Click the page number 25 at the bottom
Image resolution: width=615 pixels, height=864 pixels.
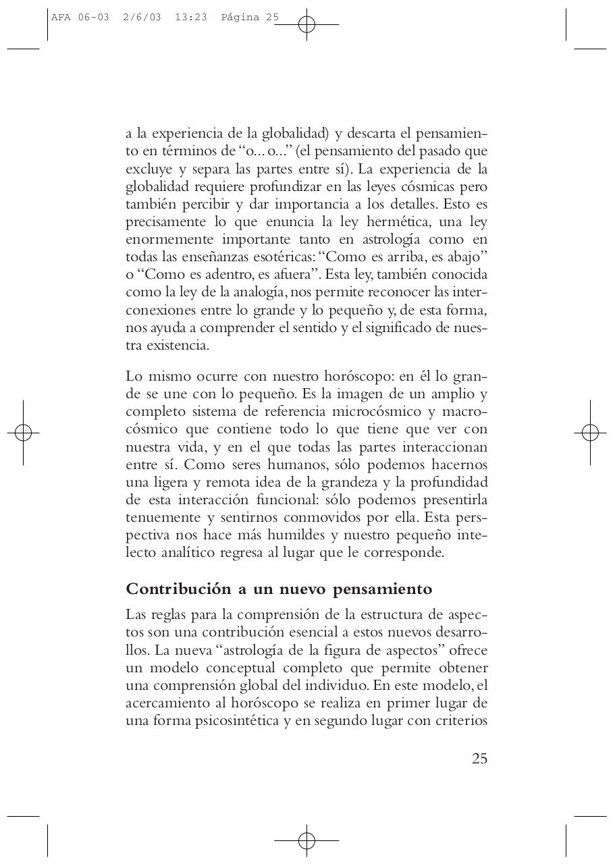479,758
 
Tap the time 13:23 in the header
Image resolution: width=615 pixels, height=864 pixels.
190,18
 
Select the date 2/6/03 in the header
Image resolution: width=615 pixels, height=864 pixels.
142,18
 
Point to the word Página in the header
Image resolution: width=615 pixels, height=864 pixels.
241,18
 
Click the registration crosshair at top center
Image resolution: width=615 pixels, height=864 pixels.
306,25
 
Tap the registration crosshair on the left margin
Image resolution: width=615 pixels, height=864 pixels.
23,432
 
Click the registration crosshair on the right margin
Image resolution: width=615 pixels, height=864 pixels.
590,432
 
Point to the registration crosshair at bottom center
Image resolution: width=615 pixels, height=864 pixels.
306,840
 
